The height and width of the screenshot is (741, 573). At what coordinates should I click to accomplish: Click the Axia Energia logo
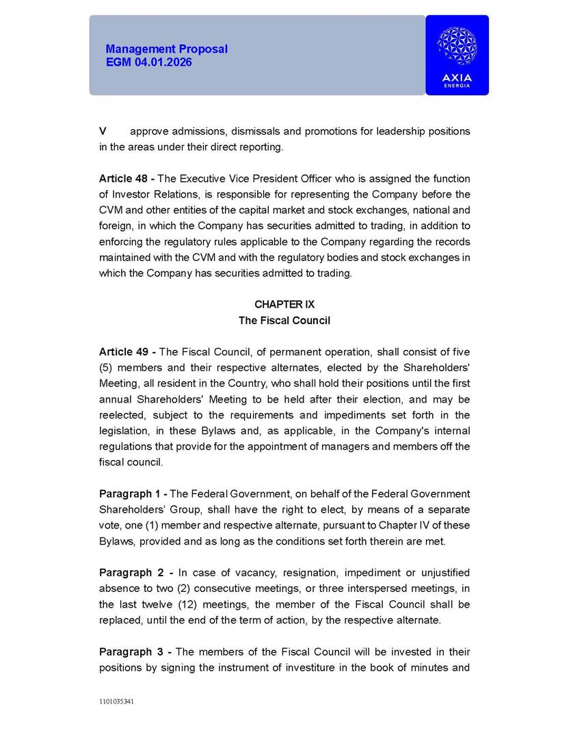tap(457, 55)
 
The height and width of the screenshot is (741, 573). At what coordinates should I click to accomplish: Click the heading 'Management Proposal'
tap(167, 49)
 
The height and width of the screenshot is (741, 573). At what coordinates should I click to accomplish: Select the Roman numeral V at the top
tap(103, 131)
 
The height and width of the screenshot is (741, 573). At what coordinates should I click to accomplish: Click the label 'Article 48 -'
tap(127, 178)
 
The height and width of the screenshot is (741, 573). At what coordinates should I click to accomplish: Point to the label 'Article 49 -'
tap(127, 352)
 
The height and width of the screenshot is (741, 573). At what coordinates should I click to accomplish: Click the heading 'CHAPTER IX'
tap(284, 304)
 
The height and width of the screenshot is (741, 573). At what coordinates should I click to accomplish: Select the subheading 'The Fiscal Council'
tap(284, 321)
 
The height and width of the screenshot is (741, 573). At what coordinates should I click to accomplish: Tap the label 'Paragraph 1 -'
tap(133, 494)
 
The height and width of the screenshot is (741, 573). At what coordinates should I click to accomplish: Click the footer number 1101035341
tap(116, 701)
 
